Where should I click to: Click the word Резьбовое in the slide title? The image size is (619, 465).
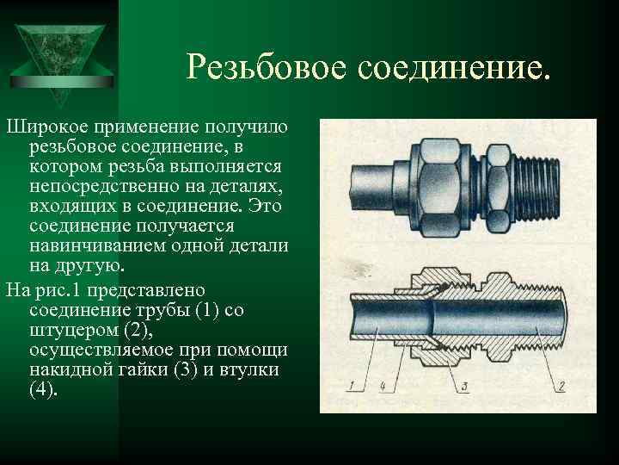point(267,66)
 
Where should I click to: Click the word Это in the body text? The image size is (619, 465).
point(265,206)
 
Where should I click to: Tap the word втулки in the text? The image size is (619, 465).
point(249,370)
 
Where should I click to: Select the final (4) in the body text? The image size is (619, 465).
point(41,389)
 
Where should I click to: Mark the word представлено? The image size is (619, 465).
point(146,291)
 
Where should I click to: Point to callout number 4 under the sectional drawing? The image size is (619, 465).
point(382,386)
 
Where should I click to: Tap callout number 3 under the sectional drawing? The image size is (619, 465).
point(464,386)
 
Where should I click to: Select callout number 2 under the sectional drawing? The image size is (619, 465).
point(561,385)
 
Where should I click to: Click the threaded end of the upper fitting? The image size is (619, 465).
point(536,189)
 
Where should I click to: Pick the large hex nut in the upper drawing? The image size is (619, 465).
point(441,188)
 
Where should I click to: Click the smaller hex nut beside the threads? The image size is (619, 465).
point(498,189)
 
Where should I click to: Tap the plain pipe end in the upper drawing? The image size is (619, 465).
point(372,188)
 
